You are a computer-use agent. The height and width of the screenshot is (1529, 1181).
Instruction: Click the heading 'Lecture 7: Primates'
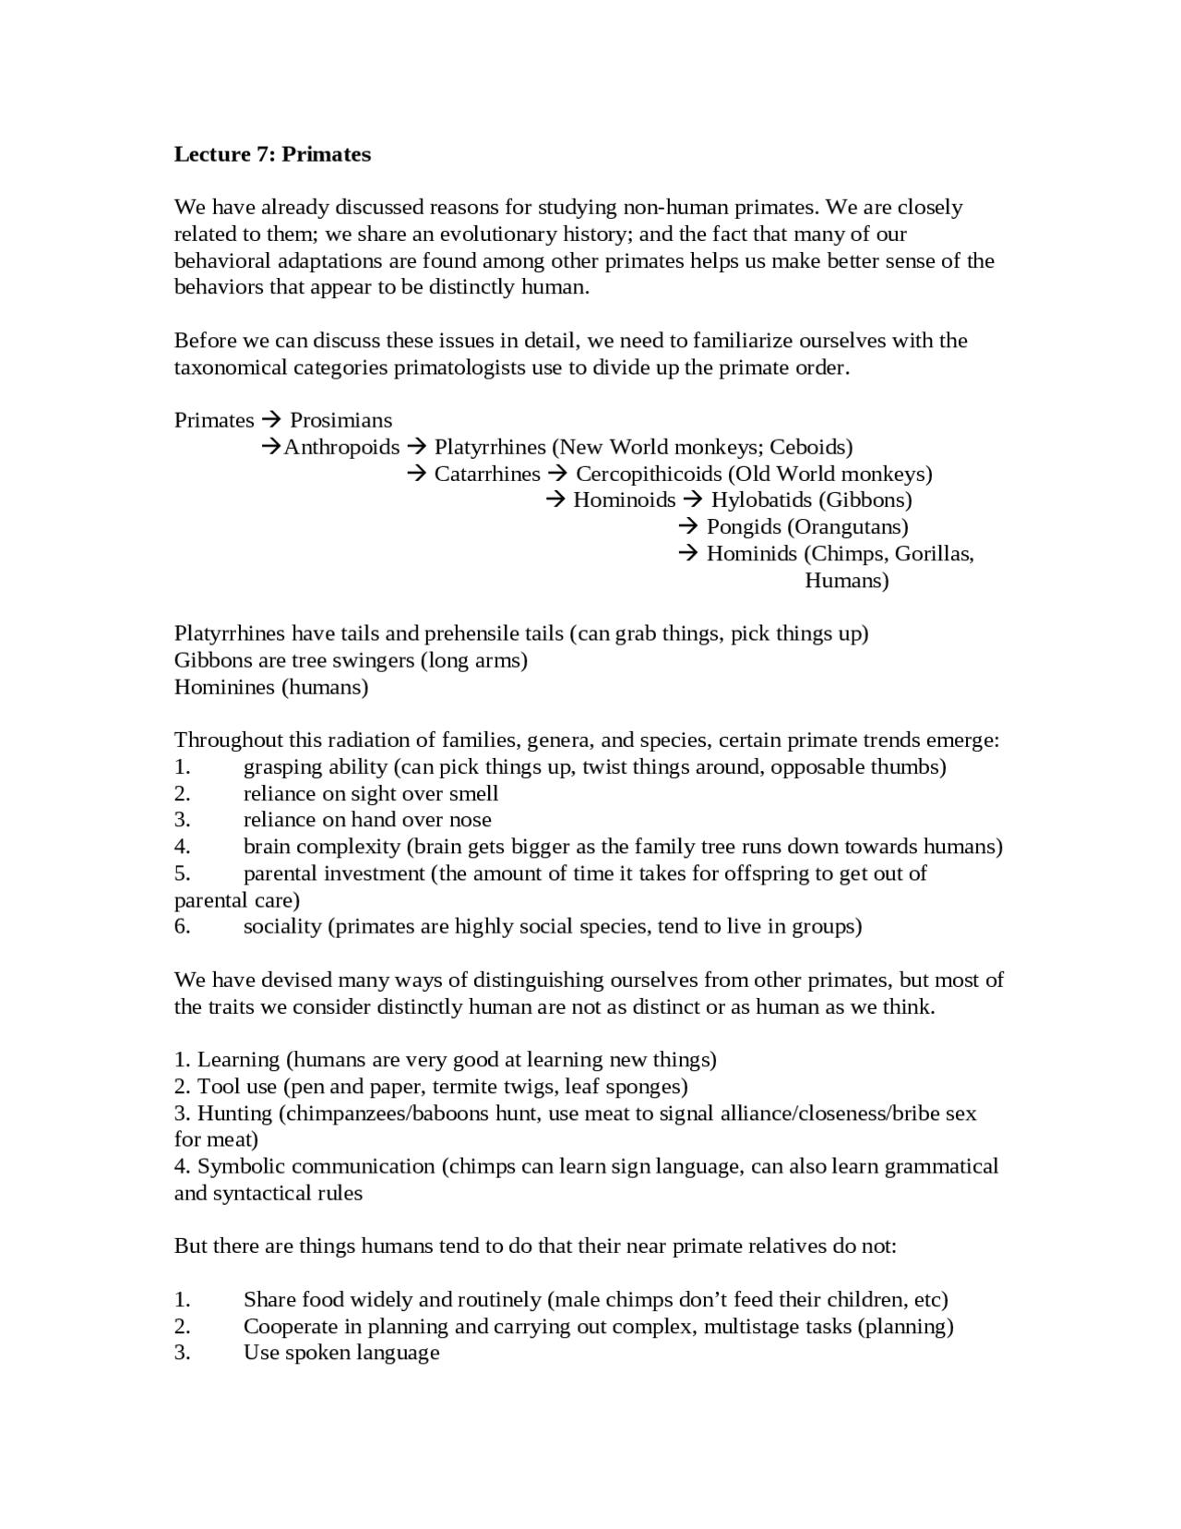pos(272,154)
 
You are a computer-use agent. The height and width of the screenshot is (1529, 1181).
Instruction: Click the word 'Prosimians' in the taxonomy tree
pos(340,420)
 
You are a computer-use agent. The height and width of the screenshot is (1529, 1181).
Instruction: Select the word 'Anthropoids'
pos(341,447)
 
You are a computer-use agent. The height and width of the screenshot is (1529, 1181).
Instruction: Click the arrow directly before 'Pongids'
pos(688,526)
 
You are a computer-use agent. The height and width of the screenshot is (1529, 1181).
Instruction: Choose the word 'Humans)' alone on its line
pos(846,580)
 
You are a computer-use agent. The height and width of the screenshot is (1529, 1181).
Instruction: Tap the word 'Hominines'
pos(224,687)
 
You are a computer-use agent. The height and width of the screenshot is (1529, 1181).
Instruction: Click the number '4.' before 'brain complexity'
pos(182,846)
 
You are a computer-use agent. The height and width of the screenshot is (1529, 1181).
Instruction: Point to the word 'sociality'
pos(282,926)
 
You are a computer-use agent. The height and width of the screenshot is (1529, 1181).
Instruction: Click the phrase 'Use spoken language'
pos(340,1353)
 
